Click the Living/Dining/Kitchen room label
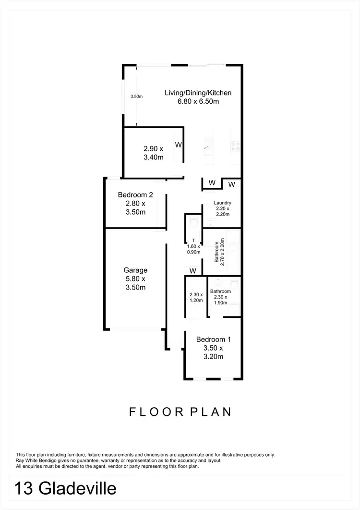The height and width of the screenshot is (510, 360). [198, 93]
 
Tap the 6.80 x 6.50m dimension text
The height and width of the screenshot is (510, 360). [198, 101]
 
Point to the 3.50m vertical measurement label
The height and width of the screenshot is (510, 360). [137, 97]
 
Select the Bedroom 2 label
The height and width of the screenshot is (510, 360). [135, 195]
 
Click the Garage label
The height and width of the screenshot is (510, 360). [135, 270]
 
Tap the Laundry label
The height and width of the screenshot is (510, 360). [222, 203]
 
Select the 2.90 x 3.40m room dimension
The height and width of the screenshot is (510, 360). [154, 153]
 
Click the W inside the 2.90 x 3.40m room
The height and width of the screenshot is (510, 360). [178, 145]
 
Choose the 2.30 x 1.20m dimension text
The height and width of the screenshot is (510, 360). [196, 297]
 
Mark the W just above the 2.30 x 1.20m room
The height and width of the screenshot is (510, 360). [193, 271]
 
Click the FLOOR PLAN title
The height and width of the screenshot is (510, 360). [180, 412]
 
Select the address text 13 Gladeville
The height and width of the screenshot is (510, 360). [65, 489]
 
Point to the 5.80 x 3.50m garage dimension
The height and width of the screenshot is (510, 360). [135, 283]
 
